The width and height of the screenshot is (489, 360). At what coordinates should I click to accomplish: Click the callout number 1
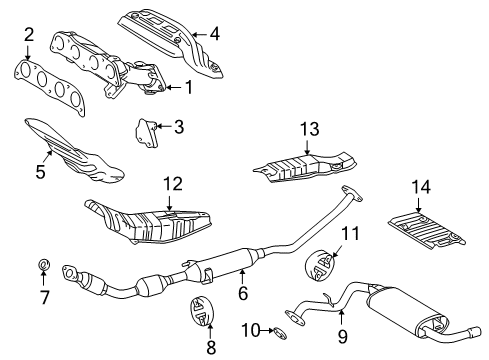[186, 87]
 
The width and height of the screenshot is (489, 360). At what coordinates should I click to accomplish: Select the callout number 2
[30, 35]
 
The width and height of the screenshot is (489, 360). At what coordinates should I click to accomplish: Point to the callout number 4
[215, 33]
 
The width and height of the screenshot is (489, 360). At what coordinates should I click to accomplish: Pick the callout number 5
[40, 172]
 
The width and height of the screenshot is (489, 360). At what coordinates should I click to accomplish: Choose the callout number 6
[241, 294]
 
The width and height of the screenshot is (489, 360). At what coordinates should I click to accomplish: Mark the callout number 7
[42, 296]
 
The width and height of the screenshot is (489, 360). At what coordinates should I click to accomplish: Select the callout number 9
[341, 338]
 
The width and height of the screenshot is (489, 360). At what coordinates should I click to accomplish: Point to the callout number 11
[349, 234]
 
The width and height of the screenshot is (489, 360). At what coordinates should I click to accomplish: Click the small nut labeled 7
[43, 265]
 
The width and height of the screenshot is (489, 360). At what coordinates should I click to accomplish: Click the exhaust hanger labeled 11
[320, 265]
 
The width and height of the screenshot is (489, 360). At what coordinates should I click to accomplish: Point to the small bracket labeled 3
[146, 130]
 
